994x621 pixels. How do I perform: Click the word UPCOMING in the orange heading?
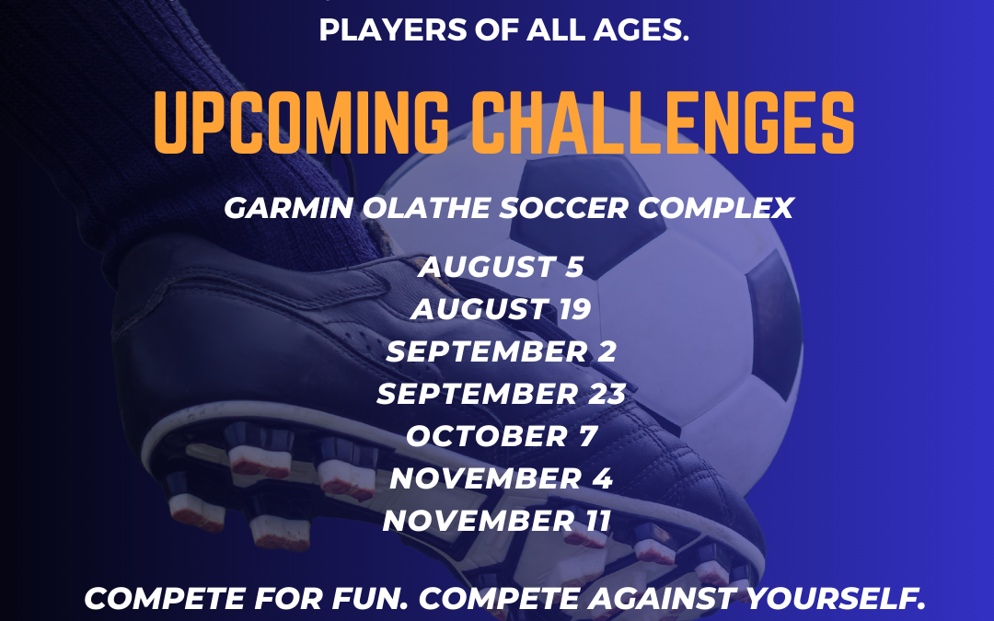(301, 123)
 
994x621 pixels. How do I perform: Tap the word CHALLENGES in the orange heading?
(663, 123)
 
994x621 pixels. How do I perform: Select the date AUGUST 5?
(501, 267)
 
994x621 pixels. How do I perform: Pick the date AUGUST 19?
(501, 309)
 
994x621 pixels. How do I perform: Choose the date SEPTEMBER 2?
(501, 351)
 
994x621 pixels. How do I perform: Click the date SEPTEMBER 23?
(501, 394)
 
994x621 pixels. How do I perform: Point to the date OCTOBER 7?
(502, 436)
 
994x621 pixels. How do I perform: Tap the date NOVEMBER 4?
(501, 478)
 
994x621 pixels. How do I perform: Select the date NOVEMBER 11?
(497, 521)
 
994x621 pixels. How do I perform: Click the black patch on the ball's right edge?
(775, 323)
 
